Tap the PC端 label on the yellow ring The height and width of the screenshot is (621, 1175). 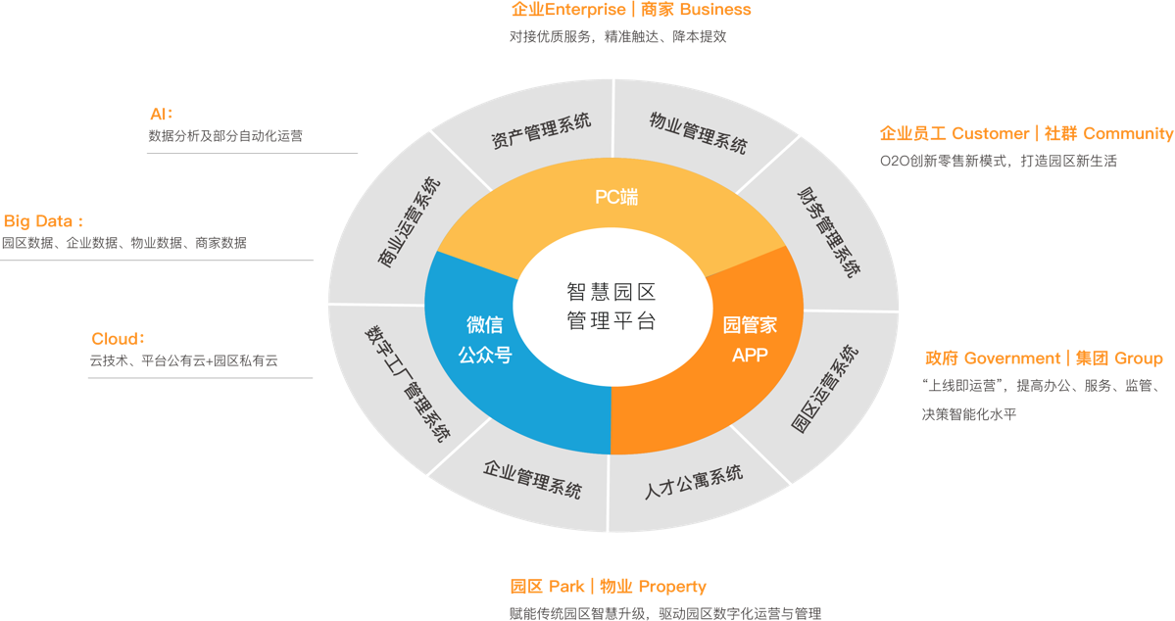616,197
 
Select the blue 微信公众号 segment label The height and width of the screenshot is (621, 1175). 485,340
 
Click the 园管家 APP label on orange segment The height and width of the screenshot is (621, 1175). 750,339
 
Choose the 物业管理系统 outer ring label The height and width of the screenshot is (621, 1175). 698,131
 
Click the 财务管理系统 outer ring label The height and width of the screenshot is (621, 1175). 829,231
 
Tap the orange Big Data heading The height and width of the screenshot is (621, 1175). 43,221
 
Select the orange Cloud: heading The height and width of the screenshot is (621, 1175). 119,339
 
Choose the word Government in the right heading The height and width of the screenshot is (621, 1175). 1012,358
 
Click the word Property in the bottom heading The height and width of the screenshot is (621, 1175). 672,587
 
